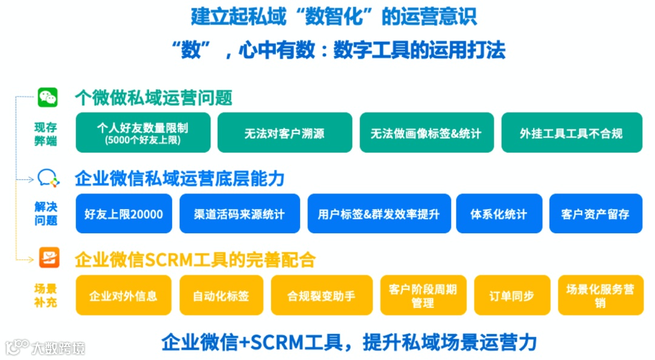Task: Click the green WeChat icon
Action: tap(47, 97)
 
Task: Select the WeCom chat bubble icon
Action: tap(48, 178)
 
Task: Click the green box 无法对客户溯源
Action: tap(284, 132)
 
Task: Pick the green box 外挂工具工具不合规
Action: tap(571, 132)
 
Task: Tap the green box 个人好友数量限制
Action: tap(143, 132)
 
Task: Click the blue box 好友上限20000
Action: tap(124, 213)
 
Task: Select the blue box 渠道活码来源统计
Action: tap(240, 213)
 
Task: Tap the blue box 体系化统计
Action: tap(499, 213)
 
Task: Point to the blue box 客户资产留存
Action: tap(595, 213)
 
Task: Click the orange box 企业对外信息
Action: tap(123, 295)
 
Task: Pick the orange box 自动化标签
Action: tap(221, 295)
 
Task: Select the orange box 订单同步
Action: tap(511, 295)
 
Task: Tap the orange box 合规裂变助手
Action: tap(321, 295)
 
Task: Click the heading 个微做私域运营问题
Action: tap(153, 97)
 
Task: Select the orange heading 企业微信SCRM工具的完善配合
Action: tap(195, 260)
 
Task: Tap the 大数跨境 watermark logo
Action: tap(45, 347)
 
